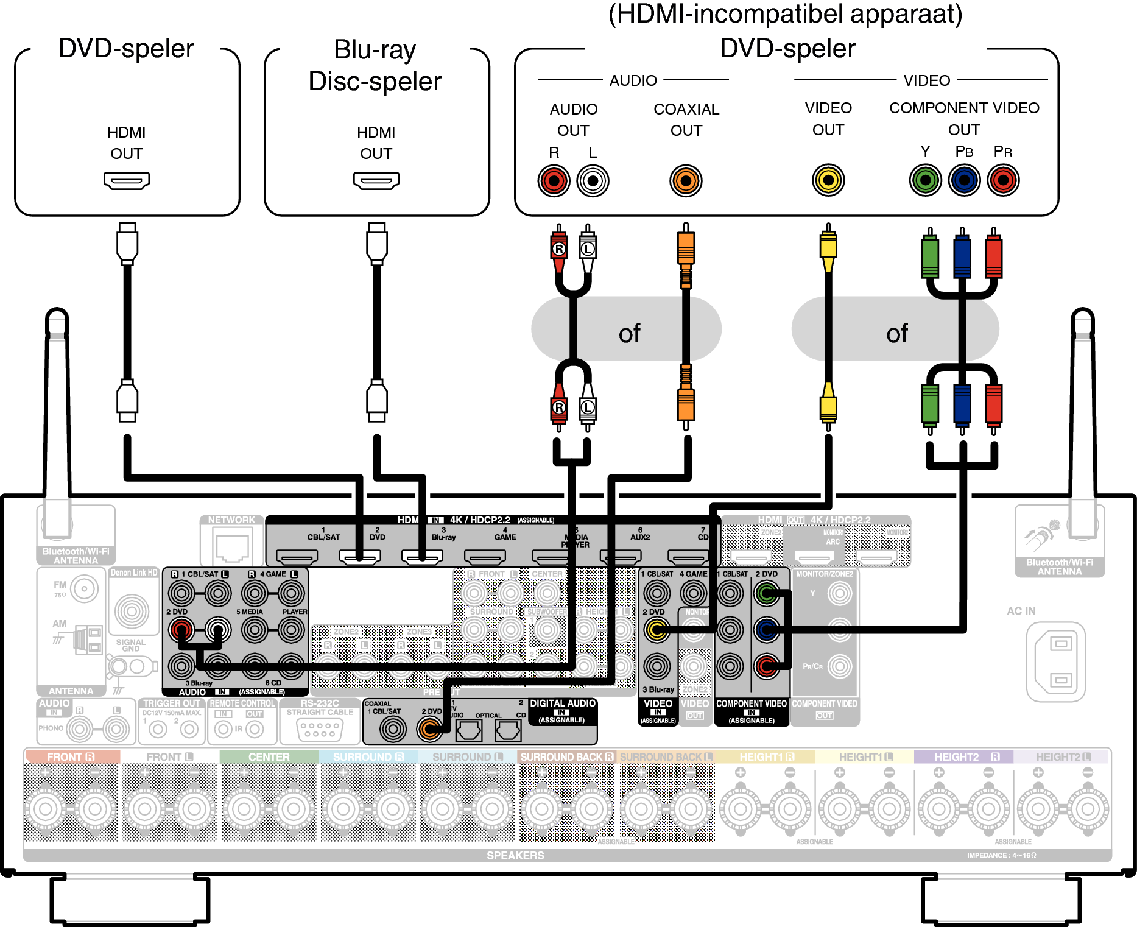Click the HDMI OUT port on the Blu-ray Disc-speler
point(376,180)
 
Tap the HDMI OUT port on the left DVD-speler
point(126,180)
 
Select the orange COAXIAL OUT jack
point(686,181)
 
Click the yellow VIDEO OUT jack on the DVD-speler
point(828,180)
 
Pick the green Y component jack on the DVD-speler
point(925,180)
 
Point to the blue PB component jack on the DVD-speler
point(964,180)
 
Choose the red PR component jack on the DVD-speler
point(1003,180)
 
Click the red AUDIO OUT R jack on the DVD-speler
point(554,181)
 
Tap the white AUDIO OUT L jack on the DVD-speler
point(593,181)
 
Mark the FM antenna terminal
point(84,589)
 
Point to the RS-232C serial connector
point(320,729)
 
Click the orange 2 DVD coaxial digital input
point(430,728)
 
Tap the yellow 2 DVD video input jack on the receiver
point(657,630)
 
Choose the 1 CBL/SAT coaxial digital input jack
point(393,728)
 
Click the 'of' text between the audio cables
point(629,333)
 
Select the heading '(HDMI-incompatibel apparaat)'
point(785,14)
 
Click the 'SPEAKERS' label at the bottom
point(515,855)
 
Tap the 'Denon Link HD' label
point(134,573)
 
